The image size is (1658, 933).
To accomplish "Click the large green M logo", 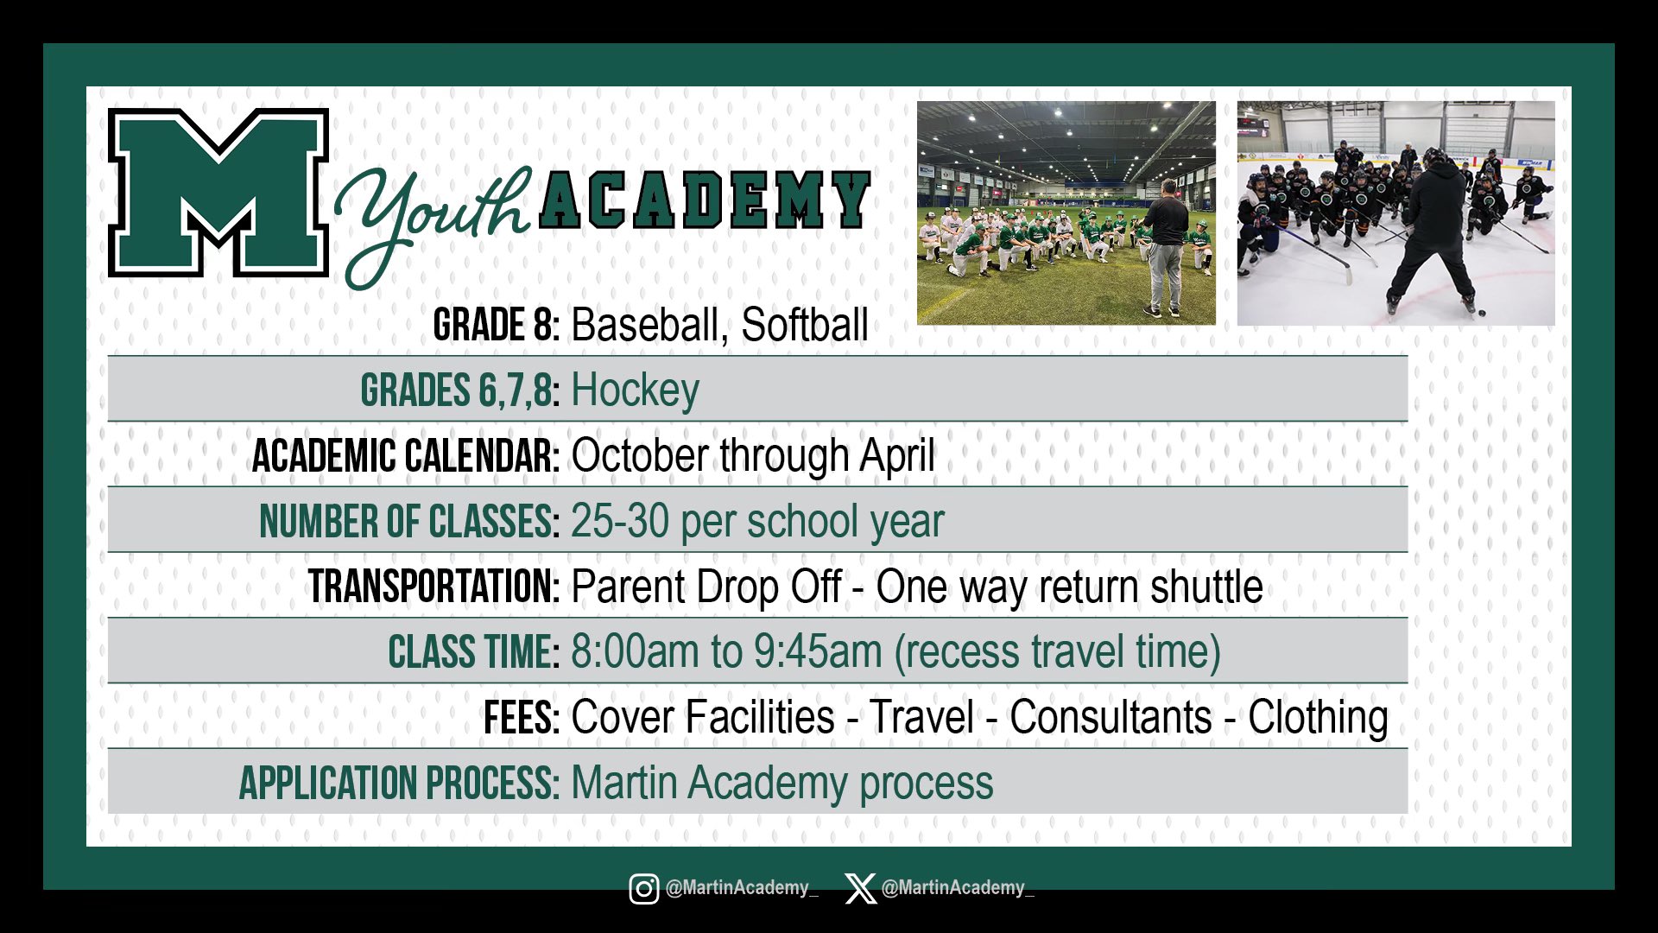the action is tap(218, 193).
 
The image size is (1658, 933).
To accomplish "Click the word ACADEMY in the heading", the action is tap(705, 200).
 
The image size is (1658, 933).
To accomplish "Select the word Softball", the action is tap(805, 325).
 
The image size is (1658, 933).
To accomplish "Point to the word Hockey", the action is tap(635, 391).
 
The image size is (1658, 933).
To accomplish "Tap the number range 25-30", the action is tap(620, 521).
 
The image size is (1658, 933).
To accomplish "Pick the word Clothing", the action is tap(1318, 719).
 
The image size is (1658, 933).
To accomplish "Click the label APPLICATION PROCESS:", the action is tap(400, 784).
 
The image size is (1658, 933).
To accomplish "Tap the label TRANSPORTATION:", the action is tap(434, 587).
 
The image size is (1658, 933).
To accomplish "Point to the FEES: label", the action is tap(522, 718).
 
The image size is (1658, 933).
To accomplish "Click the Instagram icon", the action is tap(643, 888).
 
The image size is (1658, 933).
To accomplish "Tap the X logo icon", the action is tap(860, 888).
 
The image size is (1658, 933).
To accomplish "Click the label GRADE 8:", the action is tap(497, 325).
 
